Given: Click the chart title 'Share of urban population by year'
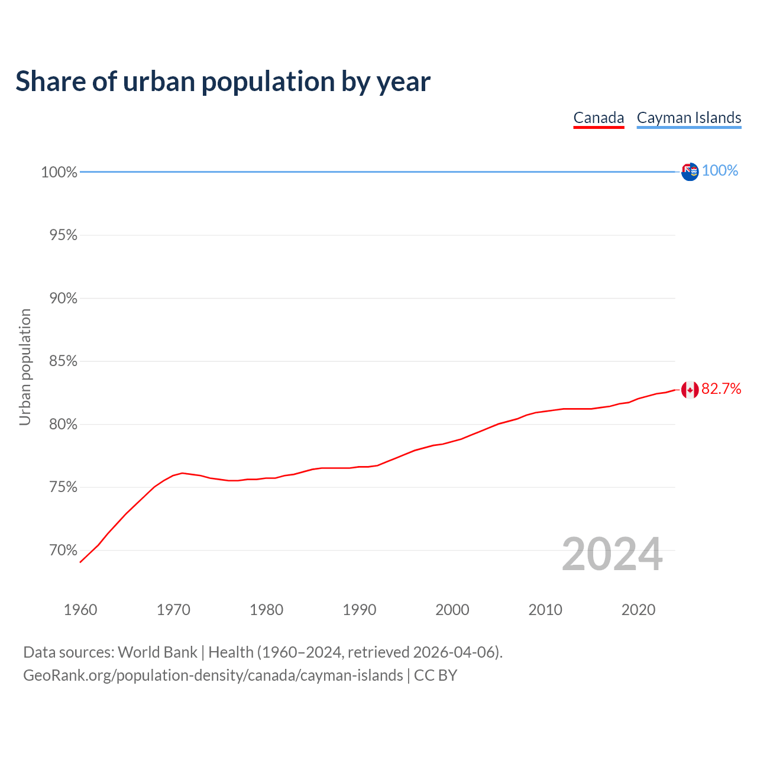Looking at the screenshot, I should [223, 82].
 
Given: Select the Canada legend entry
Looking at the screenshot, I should [599, 118].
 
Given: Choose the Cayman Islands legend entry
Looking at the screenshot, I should [689, 118].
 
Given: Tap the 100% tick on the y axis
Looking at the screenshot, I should [59, 172].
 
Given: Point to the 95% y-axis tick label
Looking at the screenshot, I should [63, 235].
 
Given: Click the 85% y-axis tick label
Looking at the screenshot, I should [63, 361].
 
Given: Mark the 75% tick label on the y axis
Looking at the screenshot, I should [63, 487].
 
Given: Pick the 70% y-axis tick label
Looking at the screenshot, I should [63, 551].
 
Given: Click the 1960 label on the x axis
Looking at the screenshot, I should [80, 610].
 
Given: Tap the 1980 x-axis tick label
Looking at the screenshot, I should [266, 610].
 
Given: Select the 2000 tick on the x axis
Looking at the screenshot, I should [452, 610].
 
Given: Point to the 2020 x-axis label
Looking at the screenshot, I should [638, 610].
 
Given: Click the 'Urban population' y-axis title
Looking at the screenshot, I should [25, 367].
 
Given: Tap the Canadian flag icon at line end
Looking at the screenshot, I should [690, 390].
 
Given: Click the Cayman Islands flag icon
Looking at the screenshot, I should [690, 172].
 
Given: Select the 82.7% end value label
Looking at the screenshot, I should [721, 389].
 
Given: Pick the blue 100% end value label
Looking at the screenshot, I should [720, 170].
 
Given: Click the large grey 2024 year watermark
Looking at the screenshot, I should [612, 554].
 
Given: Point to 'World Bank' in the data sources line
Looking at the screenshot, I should [157, 652].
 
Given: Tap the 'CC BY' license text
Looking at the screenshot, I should [435, 675].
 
